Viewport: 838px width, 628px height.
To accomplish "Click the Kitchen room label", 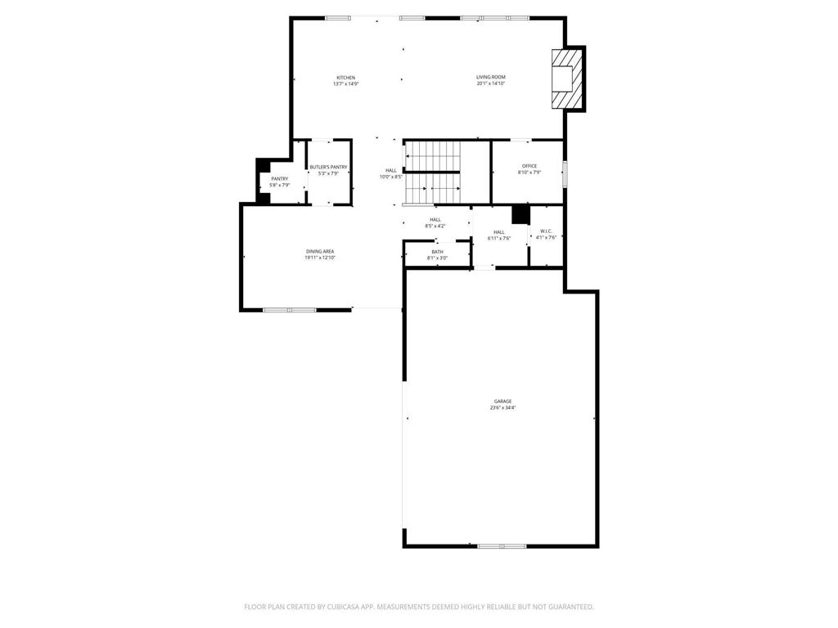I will click(x=345, y=78).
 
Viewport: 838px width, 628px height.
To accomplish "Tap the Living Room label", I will click(x=491, y=78).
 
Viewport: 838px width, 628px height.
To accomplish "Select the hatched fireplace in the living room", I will click(x=567, y=78).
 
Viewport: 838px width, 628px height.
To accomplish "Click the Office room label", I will click(x=529, y=166).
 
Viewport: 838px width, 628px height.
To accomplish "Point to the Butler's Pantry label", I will click(x=328, y=167).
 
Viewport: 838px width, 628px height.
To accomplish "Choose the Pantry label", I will click(x=280, y=178).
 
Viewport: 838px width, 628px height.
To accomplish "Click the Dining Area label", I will click(x=320, y=251).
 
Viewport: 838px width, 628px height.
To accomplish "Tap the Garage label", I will click(x=502, y=401).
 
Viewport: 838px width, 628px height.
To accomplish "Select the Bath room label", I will click(x=437, y=252).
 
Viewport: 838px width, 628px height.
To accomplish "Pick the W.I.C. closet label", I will click(x=546, y=231).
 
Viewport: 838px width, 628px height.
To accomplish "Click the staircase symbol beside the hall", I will click(x=434, y=173).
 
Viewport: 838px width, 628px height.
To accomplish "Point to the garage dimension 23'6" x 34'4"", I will click(x=502, y=407).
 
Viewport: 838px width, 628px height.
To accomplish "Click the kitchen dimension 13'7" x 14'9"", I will click(x=345, y=83).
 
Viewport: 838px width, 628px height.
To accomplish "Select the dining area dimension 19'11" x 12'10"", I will click(x=320, y=258).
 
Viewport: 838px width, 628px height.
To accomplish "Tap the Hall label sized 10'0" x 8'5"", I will click(x=391, y=170).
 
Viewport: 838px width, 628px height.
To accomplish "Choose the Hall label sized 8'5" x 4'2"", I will click(x=435, y=219).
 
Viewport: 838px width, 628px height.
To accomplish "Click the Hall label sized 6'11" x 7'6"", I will click(x=499, y=231).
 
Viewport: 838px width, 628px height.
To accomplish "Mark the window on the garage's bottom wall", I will click(x=502, y=545).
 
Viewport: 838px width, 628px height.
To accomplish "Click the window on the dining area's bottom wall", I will click(x=290, y=310).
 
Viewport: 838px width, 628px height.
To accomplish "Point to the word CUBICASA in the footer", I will click(x=336, y=607).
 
